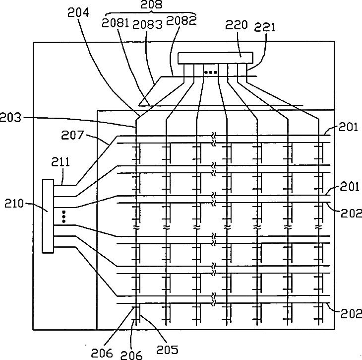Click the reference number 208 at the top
tap(151, 4)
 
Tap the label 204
tap(78, 12)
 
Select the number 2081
tap(115, 23)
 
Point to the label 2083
tap(147, 24)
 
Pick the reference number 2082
tap(181, 20)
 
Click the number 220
tap(236, 24)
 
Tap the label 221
tap(265, 27)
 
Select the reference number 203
tap(10, 118)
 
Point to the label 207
tap(72, 135)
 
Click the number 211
tap(60, 162)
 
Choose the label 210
tap(14, 204)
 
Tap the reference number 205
tap(168, 350)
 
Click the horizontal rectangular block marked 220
tap(215, 58)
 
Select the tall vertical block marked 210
tap(48, 216)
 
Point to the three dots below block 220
tap(211, 72)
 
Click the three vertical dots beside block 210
tap(64, 216)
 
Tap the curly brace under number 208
tap(151, 13)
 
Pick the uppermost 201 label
tap(348, 127)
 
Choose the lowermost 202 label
tap(351, 314)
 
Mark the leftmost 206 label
tap(102, 353)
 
